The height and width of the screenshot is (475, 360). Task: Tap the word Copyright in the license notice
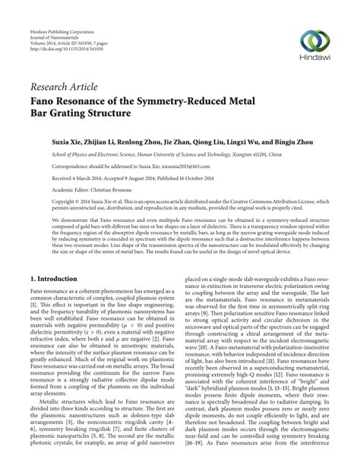[x=44, y=203]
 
